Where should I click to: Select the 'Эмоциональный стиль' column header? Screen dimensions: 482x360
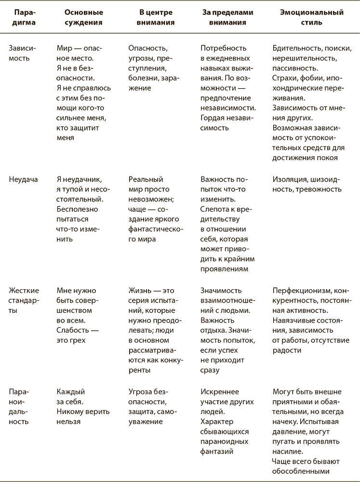pos(311,17)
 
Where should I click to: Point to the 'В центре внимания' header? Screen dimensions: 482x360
pos(153,17)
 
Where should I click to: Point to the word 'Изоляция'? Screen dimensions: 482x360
pos(288,180)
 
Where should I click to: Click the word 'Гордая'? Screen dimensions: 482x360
pos(213,118)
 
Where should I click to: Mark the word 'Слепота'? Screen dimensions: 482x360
pos(214,209)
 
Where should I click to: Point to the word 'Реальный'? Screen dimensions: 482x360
pos(146,180)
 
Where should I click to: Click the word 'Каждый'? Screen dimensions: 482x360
pos(70,392)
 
